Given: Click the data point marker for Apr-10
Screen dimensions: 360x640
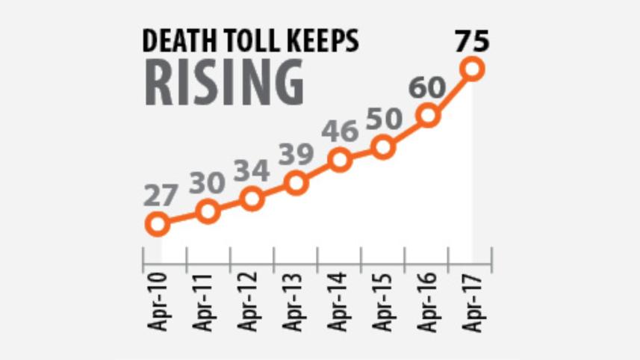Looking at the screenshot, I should pos(157,223).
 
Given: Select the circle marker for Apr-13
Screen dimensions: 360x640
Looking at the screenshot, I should pos(296,183).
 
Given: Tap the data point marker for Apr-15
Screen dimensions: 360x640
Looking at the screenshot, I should pos(383,147).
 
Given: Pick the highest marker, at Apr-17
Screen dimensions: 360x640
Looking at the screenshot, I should pos(473,69).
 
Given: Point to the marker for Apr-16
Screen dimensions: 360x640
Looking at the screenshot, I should pos(428,116).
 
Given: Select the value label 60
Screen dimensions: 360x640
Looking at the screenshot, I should pos(428,88).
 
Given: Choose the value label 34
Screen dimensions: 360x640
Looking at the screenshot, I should pos(252,171).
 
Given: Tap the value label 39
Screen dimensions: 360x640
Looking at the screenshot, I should pos(296,155).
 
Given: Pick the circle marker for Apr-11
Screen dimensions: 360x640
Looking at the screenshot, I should pos(208,211).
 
